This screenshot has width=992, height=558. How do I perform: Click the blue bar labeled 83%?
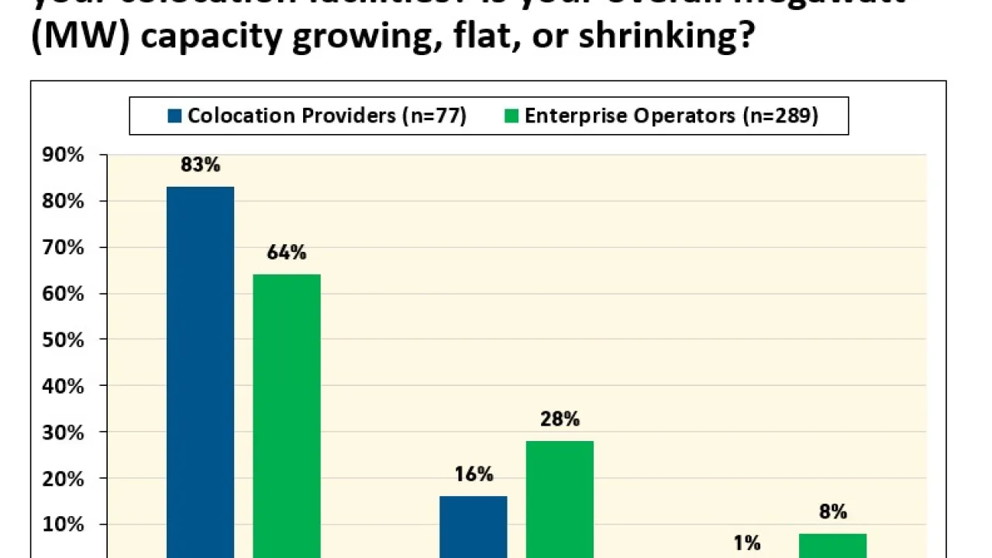[x=200, y=372]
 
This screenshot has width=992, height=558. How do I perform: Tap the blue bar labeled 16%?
[x=474, y=526]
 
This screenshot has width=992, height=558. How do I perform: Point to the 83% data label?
[x=201, y=164]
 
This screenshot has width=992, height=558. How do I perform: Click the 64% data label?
[x=288, y=252]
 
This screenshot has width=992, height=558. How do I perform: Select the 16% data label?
[x=474, y=474]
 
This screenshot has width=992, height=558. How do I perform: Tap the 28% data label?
[x=560, y=418]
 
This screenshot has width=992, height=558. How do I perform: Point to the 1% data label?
[x=747, y=543]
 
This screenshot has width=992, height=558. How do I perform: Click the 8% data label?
[x=833, y=511]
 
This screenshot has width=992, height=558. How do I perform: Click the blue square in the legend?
[x=174, y=116]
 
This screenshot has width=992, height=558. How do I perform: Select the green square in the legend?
[x=511, y=116]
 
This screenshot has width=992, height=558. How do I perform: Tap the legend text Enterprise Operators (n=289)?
[x=671, y=115]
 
